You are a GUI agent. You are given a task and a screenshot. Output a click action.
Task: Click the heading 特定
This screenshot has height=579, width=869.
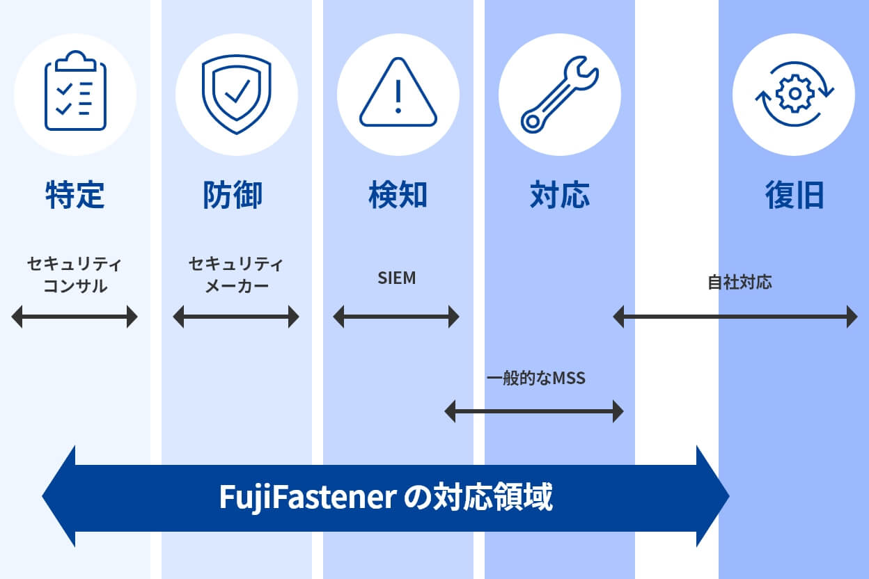coord(75,196)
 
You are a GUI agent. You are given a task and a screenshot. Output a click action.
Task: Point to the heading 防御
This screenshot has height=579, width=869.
coord(233,196)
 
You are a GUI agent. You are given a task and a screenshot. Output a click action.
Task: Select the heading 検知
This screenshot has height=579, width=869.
coord(398,196)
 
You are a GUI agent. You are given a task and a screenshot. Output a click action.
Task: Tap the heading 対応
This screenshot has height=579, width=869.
coord(560,196)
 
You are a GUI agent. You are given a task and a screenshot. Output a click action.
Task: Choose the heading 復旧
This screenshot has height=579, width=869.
coord(794,196)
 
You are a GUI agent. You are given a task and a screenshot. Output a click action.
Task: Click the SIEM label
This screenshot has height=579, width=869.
coord(397,278)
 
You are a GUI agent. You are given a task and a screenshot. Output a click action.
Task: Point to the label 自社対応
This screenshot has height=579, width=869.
coord(739,283)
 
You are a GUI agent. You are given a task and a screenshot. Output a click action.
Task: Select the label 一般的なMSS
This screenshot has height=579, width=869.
coord(536,379)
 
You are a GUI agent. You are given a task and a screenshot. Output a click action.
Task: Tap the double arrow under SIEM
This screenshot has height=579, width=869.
coord(396,317)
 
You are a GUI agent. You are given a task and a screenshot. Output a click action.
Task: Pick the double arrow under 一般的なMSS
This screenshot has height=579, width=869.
coord(534,411)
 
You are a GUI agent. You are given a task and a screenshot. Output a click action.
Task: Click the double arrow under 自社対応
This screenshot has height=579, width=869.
coord(735,317)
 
